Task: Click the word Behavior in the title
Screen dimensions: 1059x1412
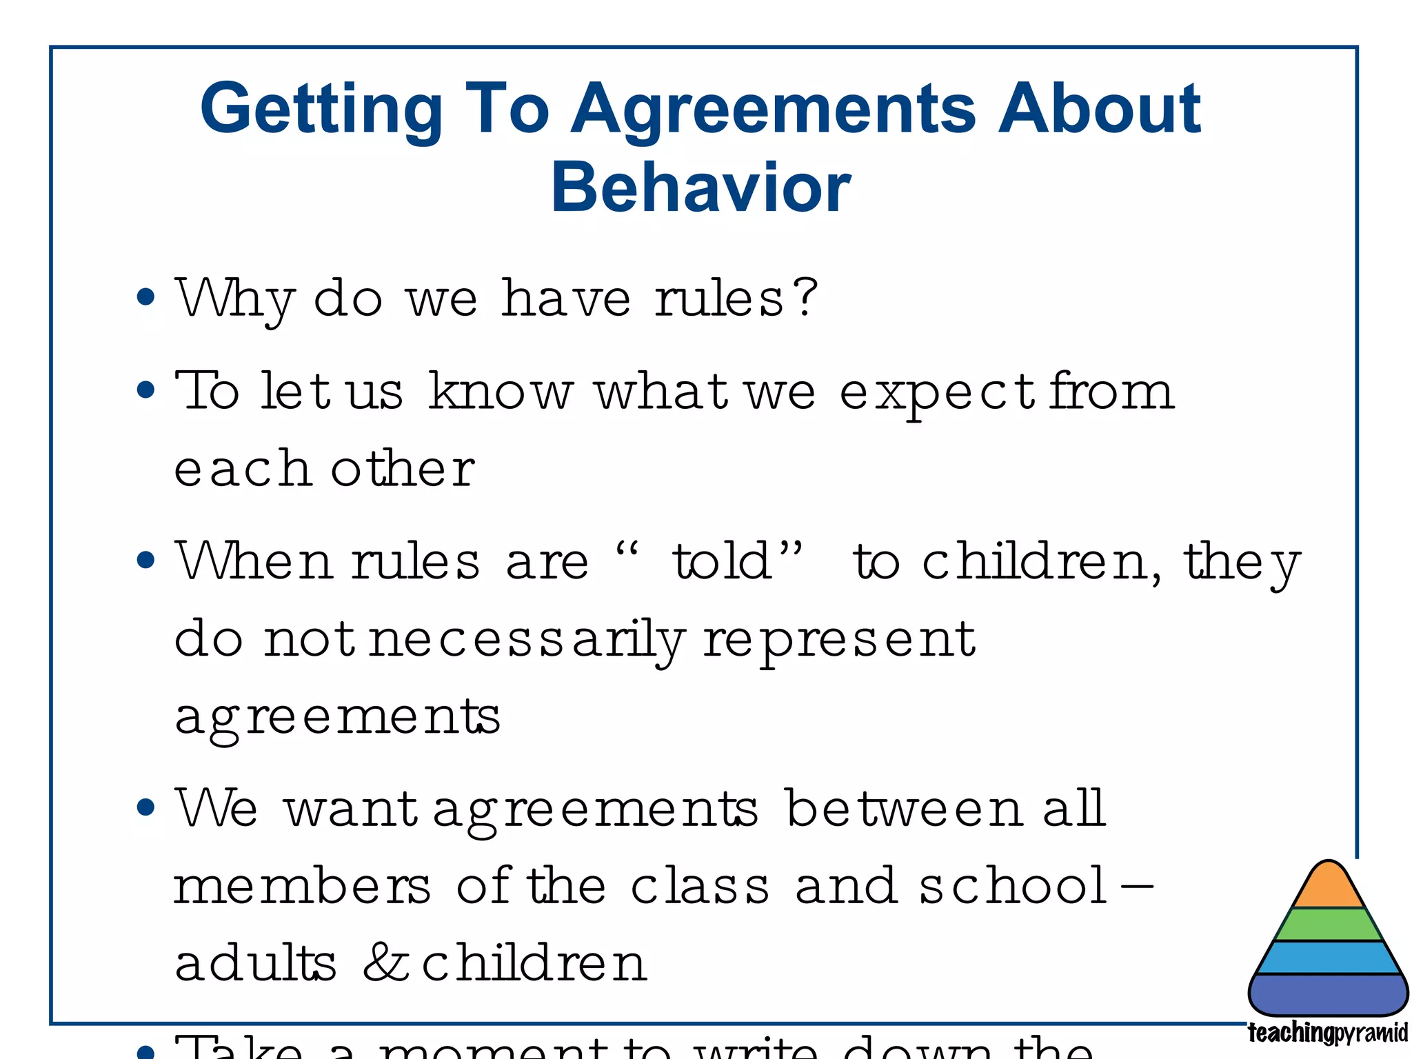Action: [x=700, y=188]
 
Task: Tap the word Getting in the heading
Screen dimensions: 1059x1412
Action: [x=321, y=109]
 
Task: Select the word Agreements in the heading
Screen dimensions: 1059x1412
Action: [x=773, y=109]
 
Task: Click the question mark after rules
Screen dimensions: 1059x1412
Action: [x=804, y=298]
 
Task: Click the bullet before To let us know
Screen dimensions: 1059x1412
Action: [x=145, y=390]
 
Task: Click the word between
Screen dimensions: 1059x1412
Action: [x=904, y=808]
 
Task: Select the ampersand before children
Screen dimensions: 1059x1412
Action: [x=386, y=962]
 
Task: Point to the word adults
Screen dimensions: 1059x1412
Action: [x=255, y=962]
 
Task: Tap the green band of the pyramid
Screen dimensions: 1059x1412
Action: [x=1329, y=925]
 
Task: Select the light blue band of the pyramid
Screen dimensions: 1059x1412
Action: [x=1329, y=958]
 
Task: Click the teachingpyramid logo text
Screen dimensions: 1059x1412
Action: [x=1327, y=1033]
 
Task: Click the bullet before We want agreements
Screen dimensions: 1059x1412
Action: [x=145, y=807]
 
